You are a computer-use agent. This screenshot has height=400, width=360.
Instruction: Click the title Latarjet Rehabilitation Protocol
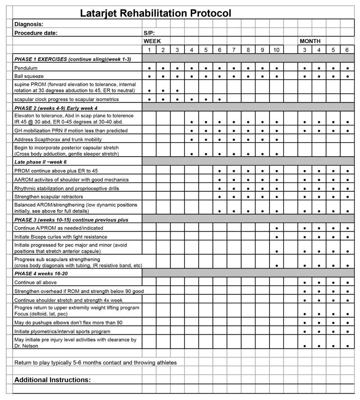[x=155, y=13]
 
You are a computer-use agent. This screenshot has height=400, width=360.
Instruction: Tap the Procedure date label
[x=36, y=32]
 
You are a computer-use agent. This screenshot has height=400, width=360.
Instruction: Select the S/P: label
[x=149, y=32]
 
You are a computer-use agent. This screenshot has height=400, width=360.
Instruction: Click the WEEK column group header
[x=153, y=41]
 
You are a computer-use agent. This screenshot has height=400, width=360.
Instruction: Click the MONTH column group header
[x=310, y=41]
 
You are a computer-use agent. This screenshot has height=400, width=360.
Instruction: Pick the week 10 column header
[x=276, y=49]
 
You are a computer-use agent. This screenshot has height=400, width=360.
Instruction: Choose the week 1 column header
[x=149, y=49]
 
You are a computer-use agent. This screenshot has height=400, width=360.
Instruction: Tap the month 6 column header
[x=347, y=49]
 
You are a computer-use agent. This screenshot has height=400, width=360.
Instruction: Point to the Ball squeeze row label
[x=29, y=76]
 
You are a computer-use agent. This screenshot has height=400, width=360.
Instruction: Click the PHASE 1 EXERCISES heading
[x=72, y=59]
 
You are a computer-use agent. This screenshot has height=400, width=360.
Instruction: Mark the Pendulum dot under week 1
[x=149, y=68]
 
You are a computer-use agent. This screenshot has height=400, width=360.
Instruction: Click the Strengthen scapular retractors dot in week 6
[x=220, y=197]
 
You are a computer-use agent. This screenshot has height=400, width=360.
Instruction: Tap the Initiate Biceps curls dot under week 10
[x=276, y=237]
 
